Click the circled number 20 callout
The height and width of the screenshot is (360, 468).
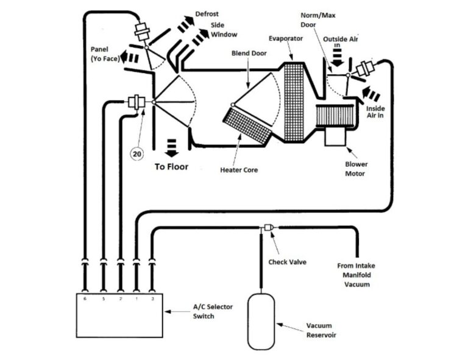137,154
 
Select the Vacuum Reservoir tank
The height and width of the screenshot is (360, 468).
261,321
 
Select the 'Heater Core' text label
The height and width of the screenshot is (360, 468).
239,170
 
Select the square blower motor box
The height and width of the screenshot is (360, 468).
336,135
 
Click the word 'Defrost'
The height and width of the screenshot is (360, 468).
208,13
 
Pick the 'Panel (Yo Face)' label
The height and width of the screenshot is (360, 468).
105,54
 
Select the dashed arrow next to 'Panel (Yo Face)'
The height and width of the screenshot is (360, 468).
128,58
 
